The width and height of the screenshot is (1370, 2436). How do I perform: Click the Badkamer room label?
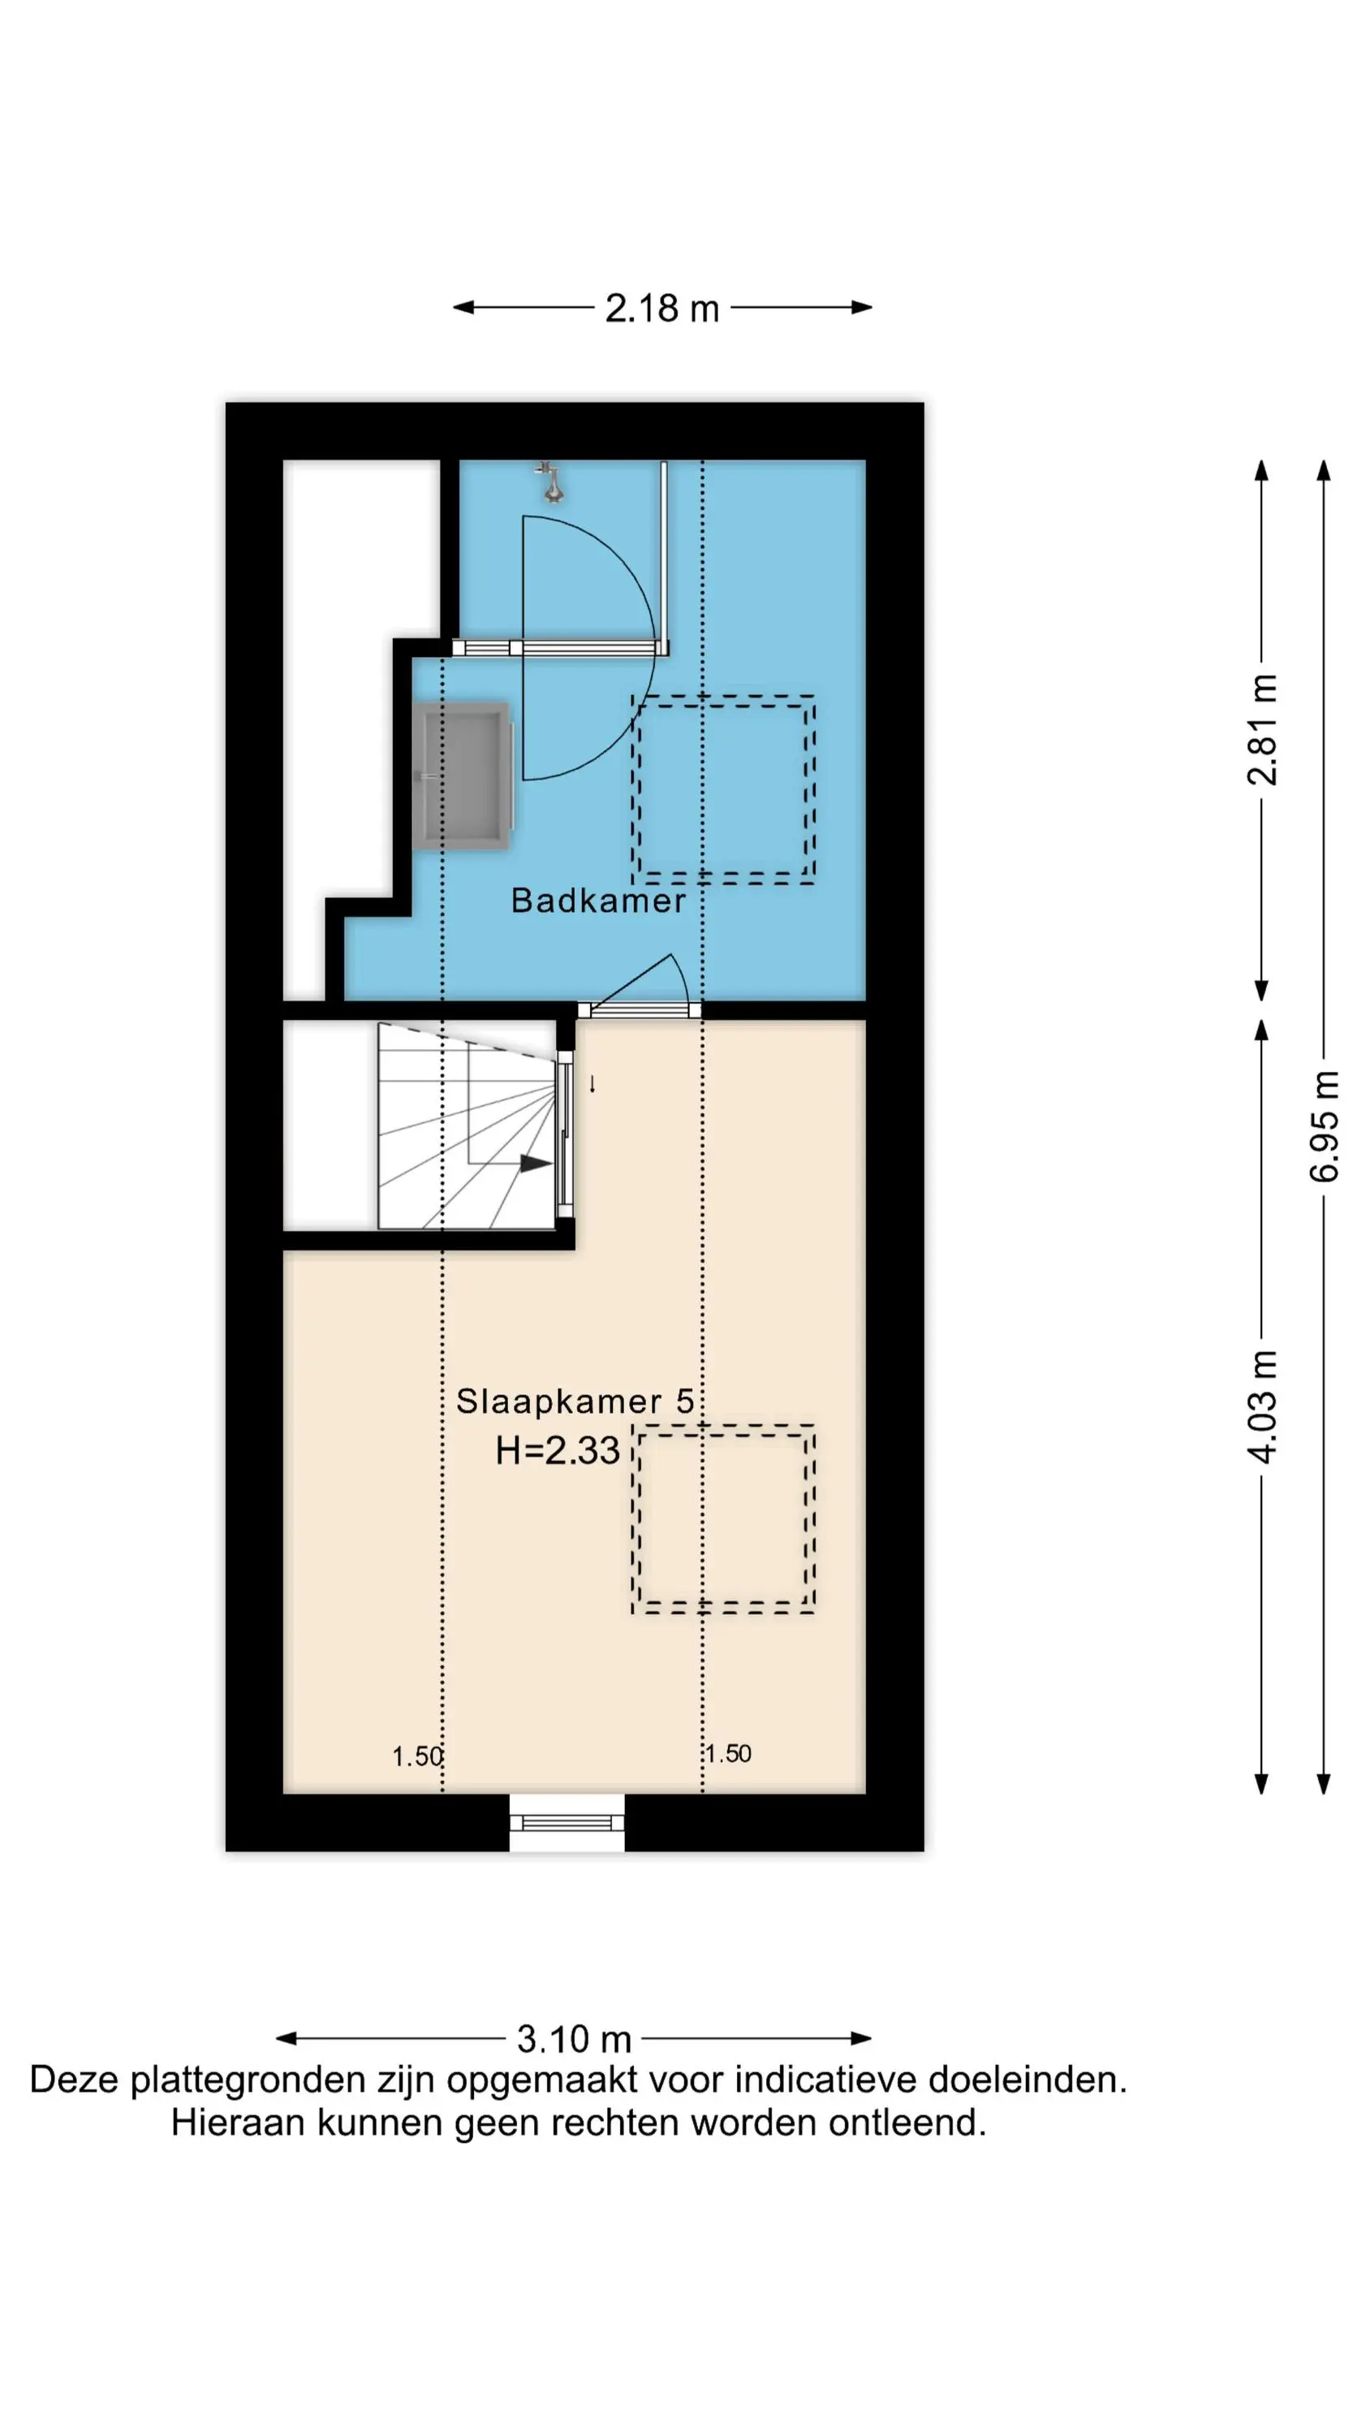(597, 901)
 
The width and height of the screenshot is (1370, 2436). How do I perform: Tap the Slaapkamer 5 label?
(575, 1402)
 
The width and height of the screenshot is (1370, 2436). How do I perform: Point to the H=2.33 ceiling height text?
(558, 1450)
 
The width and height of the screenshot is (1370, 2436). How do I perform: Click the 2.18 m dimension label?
(661, 309)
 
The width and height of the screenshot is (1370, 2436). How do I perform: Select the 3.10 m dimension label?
(574, 2039)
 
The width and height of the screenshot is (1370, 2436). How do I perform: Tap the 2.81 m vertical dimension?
(1262, 729)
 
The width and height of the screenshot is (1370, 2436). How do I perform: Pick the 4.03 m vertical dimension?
(1262, 1406)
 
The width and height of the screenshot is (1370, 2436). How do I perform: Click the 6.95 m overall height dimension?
(1325, 1126)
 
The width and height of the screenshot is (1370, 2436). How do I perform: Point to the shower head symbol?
(550, 482)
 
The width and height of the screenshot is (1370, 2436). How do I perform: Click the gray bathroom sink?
(463, 775)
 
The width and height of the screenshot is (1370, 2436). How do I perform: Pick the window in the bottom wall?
(567, 1821)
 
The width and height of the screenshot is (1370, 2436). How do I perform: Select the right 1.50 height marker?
(727, 1754)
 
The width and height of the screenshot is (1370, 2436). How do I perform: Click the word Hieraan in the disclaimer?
(239, 2123)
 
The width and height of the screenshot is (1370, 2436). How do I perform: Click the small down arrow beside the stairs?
(592, 1084)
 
